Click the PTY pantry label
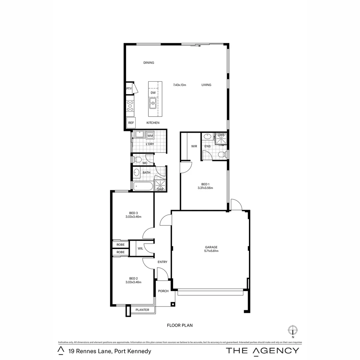pyautogui.click(x=129, y=89)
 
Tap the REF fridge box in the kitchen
pyautogui.click(x=131, y=123)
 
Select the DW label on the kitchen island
pyautogui.click(x=153, y=93)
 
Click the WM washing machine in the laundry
pyautogui.click(x=150, y=136)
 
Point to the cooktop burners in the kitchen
pyautogui.click(x=130, y=106)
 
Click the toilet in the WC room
pyautogui.click(x=137, y=160)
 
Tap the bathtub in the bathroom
pyautogui.click(x=143, y=187)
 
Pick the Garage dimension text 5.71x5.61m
pyautogui.click(x=211, y=251)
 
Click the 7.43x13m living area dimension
pyautogui.click(x=179, y=85)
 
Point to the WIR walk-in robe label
pyautogui.click(x=194, y=146)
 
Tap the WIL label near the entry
pyautogui.click(x=140, y=248)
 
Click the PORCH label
pyautogui.click(x=163, y=291)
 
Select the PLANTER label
pyautogui.click(x=142, y=310)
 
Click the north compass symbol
pyautogui.click(x=293, y=330)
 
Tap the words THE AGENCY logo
pyautogui.click(x=263, y=350)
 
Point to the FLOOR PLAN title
pyautogui.click(x=180, y=325)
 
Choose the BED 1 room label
pyautogui.click(x=205, y=184)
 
